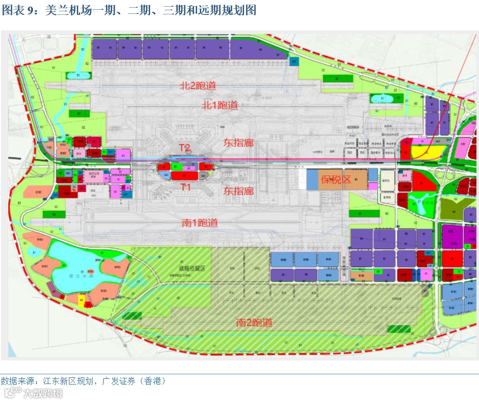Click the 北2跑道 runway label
[x=197, y=85]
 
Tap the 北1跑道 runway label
[x=219, y=105]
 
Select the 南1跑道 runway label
[x=200, y=222]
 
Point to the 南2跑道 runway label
[x=254, y=322]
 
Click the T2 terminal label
[x=185, y=148]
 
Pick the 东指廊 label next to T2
[x=238, y=143]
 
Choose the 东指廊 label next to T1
[x=238, y=191]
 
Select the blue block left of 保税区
[x=313, y=179]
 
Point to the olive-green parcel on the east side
[x=452, y=208]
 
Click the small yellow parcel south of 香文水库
[x=81, y=299]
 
